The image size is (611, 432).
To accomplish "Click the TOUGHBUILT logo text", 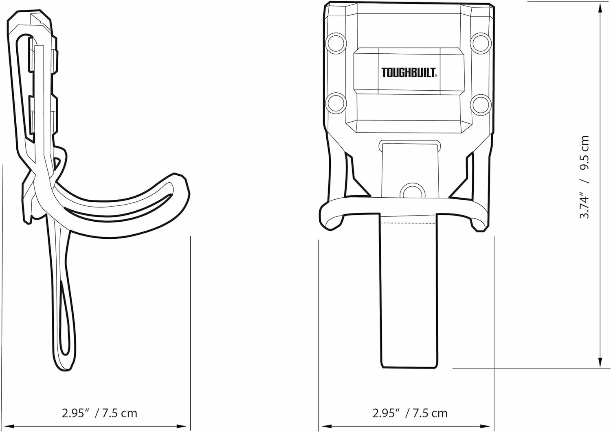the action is [409, 73].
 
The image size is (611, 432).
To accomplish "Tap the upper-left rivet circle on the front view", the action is [336, 44].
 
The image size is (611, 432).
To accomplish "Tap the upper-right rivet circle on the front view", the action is [481, 44].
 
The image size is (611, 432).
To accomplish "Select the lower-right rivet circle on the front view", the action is [481, 105].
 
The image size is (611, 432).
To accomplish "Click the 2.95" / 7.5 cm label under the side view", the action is [99, 413].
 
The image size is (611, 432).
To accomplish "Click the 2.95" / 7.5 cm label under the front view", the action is [410, 413].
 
